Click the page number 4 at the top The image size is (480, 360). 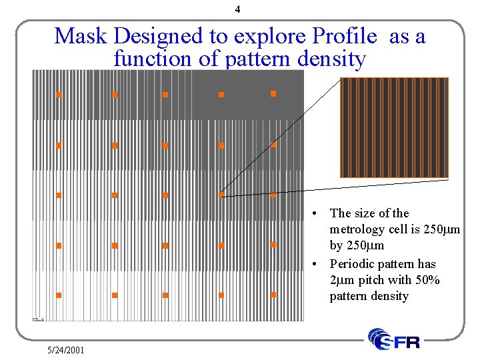(x=238, y=10)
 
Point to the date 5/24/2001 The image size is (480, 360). (x=66, y=349)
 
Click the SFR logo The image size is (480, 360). (x=394, y=340)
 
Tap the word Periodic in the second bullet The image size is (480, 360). (x=351, y=264)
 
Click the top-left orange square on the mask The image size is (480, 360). (x=59, y=95)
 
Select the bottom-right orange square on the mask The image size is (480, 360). (x=273, y=294)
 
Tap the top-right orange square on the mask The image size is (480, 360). (x=273, y=94)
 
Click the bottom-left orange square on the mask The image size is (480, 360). (x=59, y=295)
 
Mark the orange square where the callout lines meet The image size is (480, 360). (x=221, y=195)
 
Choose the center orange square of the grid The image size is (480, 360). (x=165, y=195)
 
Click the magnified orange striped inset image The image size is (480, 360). (x=394, y=127)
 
